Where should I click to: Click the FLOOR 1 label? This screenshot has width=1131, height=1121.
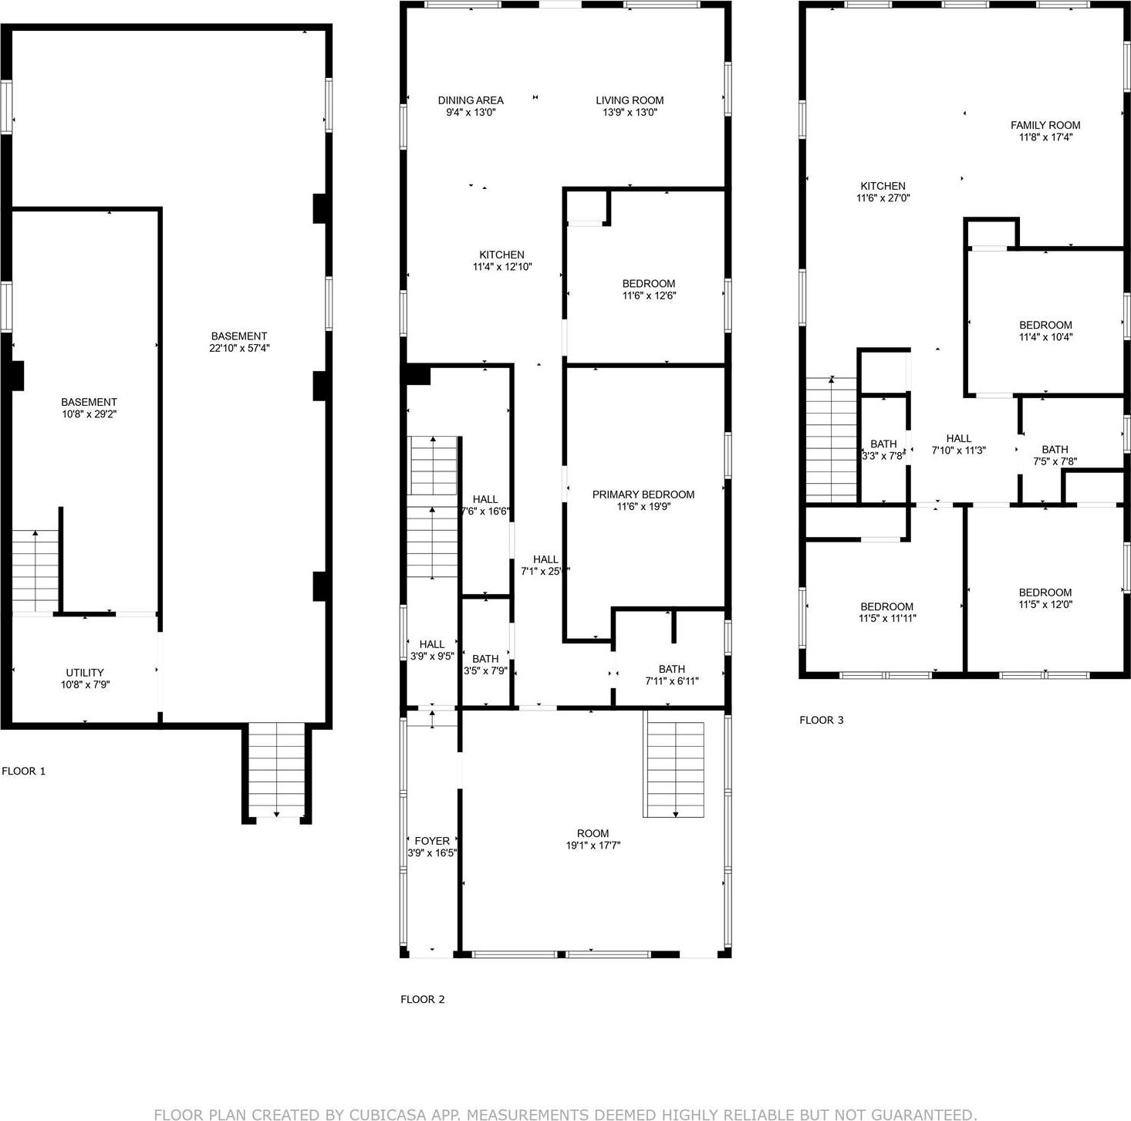pyautogui.click(x=24, y=771)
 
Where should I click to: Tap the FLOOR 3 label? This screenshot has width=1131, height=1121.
pyautogui.click(x=821, y=720)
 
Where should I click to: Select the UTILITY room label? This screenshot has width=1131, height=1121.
pyautogui.click(x=85, y=673)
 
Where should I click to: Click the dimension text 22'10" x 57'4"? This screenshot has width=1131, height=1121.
pyautogui.click(x=239, y=348)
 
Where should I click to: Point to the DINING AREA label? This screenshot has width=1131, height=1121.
pyautogui.click(x=471, y=100)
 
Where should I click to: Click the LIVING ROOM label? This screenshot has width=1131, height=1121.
pyautogui.click(x=630, y=100)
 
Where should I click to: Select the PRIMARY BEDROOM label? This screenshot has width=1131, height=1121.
pyautogui.click(x=643, y=495)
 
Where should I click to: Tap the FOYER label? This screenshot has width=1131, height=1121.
pyautogui.click(x=432, y=841)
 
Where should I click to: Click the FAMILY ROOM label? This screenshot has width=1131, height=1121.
pyautogui.click(x=1045, y=125)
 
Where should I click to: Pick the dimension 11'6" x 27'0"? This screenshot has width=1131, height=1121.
pyautogui.click(x=883, y=198)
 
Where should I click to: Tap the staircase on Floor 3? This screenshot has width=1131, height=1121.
pyautogui.click(x=832, y=440)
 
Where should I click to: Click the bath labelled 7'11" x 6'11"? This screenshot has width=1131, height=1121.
pyautogui.click(x=671, y=675)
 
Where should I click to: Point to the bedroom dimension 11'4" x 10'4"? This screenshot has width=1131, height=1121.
pyautogui.click(x=1045, y=337)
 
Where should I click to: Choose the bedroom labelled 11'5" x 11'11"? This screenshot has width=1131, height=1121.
pyautogui.click(x=887, y=613)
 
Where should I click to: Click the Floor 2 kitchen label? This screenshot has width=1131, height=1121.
pyautogui.click(x=501, y=255)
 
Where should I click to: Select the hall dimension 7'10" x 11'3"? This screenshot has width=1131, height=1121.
pyautogui.click(x=959, y=451)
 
